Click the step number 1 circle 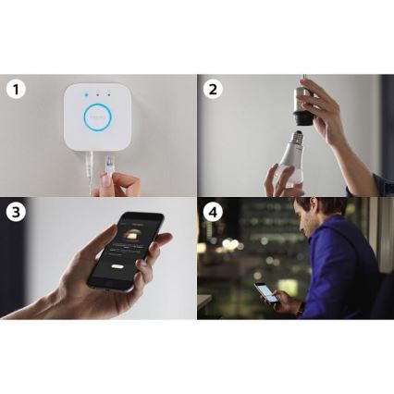coord(15,90)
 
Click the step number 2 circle coord(212,90)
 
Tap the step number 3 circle coord(15,211)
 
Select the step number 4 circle coord(212,211)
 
